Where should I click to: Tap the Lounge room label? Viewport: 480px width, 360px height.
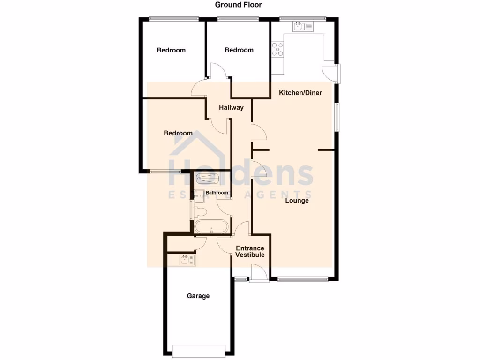click(297, 201)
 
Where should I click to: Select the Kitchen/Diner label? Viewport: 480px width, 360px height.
click(300, 93)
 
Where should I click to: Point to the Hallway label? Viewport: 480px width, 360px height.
click(231, 107)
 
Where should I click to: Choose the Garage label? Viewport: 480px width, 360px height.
click(198, 296)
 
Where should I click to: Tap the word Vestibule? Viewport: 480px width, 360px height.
click(250, 255)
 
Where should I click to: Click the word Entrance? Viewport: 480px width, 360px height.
click(250, 248)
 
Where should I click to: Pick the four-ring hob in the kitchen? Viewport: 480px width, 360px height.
click(277, 49)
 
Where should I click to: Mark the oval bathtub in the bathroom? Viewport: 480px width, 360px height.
click(211, 227)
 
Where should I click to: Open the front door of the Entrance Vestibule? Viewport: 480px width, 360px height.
click(258, 274)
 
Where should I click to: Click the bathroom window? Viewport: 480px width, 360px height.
click(190, 210)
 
